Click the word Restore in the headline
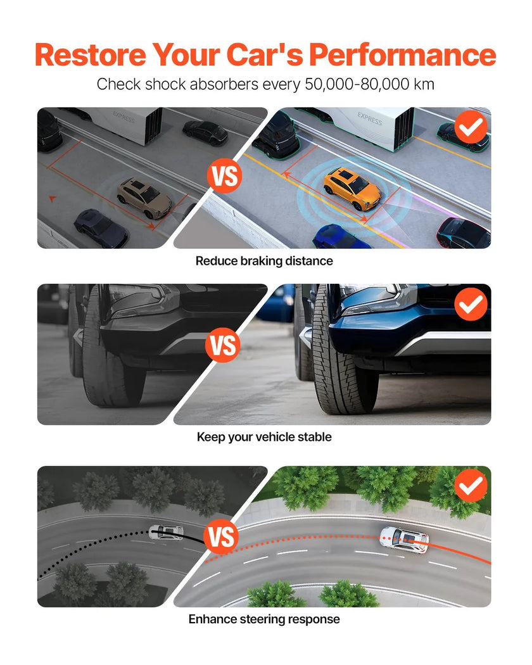click(91, 54)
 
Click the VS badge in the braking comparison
click(224, 176)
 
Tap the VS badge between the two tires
click(223, 345)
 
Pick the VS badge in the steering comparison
click(221, 536)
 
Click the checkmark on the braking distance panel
click(471, 127)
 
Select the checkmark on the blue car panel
click(471, 304)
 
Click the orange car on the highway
click(351, 188)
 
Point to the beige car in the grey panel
click(144, 198)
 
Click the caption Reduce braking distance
click(264, 261)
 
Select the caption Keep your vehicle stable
click(264, 437)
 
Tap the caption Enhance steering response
click(264, 619)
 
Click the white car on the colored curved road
click(403, 540)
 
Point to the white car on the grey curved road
click(167, 532)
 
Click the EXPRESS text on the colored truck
click(369, 119)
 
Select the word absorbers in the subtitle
click(224, 84)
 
